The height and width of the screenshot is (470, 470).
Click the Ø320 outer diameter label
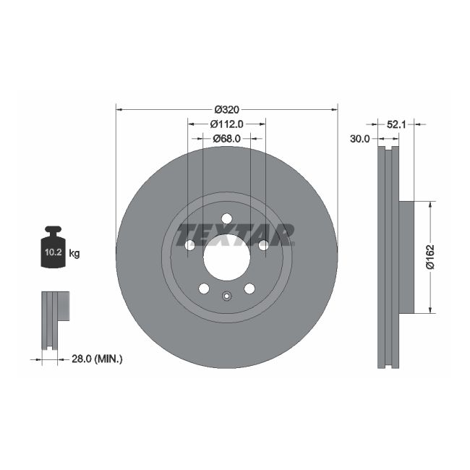(x=226, y=109)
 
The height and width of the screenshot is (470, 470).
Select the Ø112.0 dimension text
(x=226, y=124)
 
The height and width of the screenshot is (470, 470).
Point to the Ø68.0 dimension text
(x=226, y=137)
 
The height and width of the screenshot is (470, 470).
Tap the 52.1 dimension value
(x=396, y=124)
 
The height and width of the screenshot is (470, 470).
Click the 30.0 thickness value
(x=360, y=138)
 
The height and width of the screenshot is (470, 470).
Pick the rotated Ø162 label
(x=430, y=257)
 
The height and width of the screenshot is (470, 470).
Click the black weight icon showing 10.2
(x=53, y=248)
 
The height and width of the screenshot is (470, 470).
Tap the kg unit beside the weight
(x=74, y=253)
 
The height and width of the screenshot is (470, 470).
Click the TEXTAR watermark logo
(x=236, y=234)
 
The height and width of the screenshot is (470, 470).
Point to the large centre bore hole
(x=226, y=257)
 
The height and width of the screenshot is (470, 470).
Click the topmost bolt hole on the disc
(x=226, y=219)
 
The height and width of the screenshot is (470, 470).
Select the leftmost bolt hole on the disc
(x=189, y=245)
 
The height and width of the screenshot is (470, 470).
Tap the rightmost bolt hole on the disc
(x=263, y=245)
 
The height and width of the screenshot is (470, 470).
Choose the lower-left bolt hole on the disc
(x=204, y=289)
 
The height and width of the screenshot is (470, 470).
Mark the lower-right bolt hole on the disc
(x=249, y=289)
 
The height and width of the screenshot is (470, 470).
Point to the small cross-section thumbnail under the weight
(x=55, y=318)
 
